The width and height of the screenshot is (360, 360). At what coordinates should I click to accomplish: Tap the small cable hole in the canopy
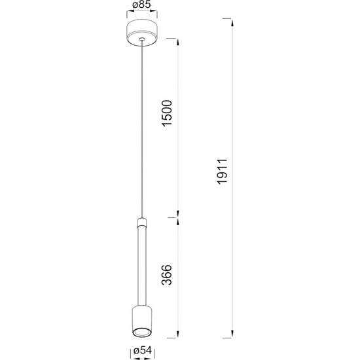[141, 43]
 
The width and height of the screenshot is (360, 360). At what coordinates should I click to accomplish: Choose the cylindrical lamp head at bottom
[141, 319]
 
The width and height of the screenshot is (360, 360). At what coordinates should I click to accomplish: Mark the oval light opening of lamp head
[141, 329]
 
